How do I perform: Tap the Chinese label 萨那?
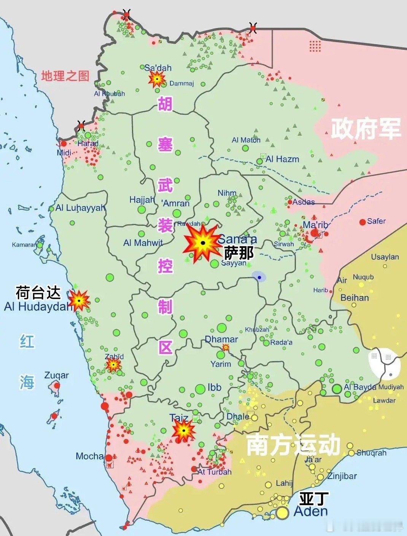tap(238, 253)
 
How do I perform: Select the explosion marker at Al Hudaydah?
tap(79, 300)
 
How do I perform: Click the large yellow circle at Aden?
tap(282, 513)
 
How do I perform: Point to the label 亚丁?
tap(314, 498)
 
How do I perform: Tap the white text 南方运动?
tap(293, 445)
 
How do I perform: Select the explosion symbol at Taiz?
tap(183, 431)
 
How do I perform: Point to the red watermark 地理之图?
tap(65, 76)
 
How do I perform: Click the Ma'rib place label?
tap(315, 225)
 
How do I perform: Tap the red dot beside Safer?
tap(362, 222)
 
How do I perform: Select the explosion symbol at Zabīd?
tap(113, 365)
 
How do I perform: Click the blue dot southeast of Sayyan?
tap(259, 278)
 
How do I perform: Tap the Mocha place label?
tap(89, 456)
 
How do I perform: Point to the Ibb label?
tap(214, 387)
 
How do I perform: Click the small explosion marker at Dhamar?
tap(226, 347)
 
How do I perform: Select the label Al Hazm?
tap(282, 159)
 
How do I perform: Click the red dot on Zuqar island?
tap(57, 385)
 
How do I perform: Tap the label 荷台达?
tap(38, 293)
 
